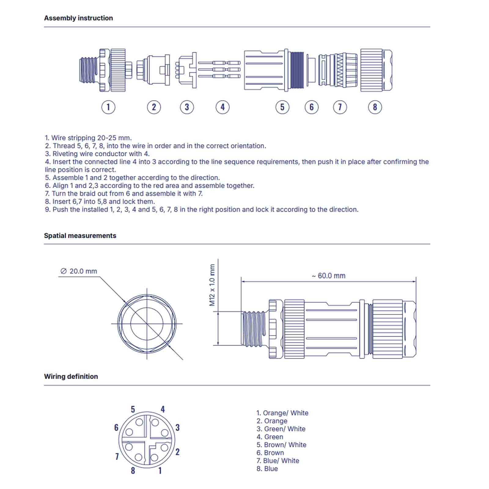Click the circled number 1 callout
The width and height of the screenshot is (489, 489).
tap(108, 107)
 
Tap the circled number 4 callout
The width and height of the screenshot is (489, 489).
tap(222, 107)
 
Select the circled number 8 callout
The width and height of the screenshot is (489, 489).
tap(375, 107)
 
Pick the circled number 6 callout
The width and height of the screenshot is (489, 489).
tap(311, 107)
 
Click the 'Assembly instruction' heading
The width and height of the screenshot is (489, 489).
tap(79, 18)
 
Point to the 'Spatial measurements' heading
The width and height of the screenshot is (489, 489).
tap(80, 236)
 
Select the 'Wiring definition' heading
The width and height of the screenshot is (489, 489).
tap(71, 376)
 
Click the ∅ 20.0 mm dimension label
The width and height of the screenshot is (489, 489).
tap(79, 271)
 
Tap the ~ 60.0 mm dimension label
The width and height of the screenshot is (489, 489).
tap(329, 276)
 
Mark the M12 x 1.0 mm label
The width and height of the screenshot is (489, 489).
tap(212, 285)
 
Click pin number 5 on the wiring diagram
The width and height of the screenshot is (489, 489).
tap(133, 409)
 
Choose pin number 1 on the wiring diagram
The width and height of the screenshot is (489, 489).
tap(160, 471)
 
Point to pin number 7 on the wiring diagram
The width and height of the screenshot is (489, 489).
tap(117, 456)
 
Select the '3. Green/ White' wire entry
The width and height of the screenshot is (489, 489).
tap(281, 429)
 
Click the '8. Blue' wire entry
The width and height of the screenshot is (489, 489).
tap(267, 469)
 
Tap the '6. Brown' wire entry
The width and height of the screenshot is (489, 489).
tap(270, 453)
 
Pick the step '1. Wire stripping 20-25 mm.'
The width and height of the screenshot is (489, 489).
tap(88, 138)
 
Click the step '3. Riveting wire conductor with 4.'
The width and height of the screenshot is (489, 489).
tap(97, 154)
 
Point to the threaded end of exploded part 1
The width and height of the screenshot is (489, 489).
tap(88, 70)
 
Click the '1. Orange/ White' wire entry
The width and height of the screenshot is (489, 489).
tap(282, 413)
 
